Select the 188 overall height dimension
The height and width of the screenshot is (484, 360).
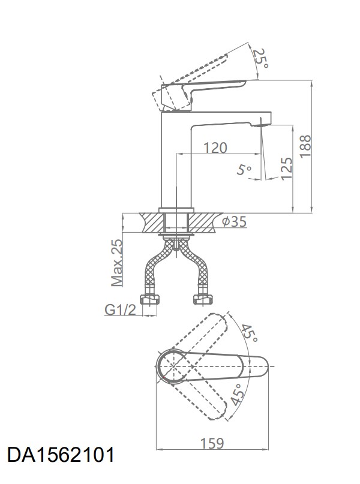(305, 146)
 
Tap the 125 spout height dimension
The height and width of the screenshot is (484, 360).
(287, 168)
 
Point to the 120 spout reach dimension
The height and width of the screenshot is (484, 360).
(215, 148)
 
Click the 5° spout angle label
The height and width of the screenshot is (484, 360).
(244, 170)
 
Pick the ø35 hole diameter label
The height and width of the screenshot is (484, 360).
(235, 221)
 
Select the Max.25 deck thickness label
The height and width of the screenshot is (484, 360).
(117, 263)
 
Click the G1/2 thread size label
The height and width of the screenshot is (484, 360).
(120, 309)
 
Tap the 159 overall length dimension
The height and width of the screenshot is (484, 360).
(212, 443)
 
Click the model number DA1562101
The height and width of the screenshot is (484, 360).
(61, 455)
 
